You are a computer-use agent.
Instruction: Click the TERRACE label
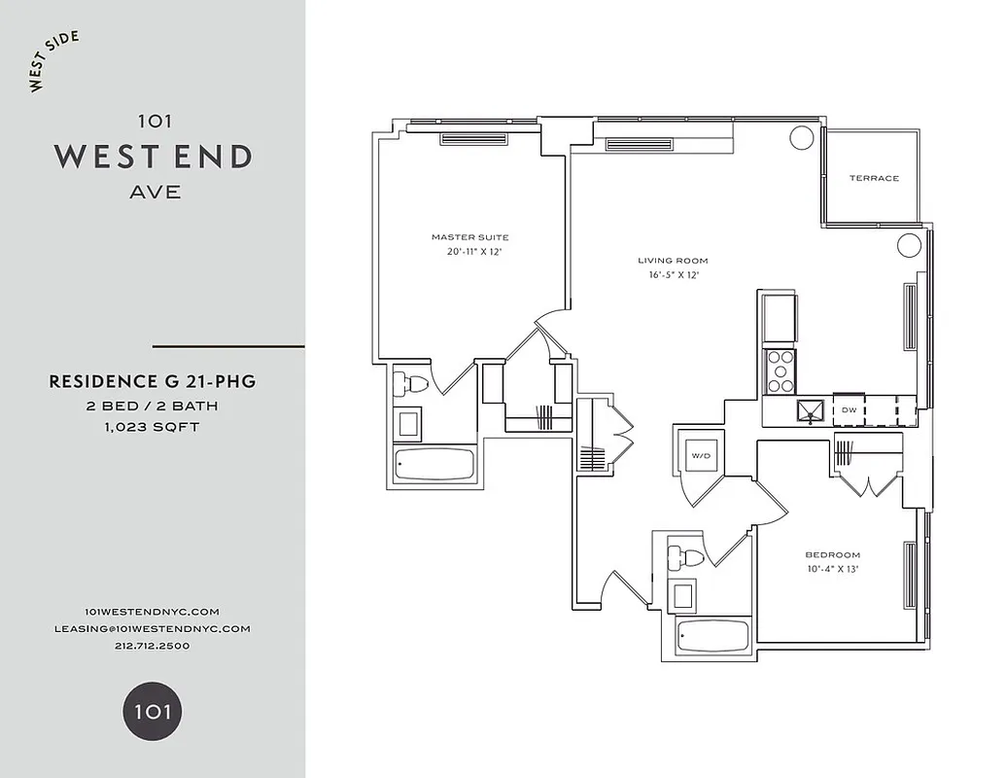pyautogui.click(x=874, y=178)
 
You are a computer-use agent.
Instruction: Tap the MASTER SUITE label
pyautogui.click(x=469, y=237)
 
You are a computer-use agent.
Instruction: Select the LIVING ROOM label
pyautogui.click(x=673, y=261)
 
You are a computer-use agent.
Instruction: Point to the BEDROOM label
pyautogui.click(x=832, y=555)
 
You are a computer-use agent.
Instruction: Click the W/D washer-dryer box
pyautogui.click(x=700, y=455)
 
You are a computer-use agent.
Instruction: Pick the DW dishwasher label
pyautogui.click(x=849, y=410)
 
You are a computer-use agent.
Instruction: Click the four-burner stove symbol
pyautogui.click(x=781, y=370)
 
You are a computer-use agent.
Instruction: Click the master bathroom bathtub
pyautogui.click(x=434, y=463)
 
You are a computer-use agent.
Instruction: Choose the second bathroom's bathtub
pyautogui.click(x=713, y=637)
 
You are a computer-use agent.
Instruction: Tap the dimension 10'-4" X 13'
pyautogui.click(x=832, y=569)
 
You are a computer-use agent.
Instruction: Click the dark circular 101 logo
pyautogui.click(x=153, y=711)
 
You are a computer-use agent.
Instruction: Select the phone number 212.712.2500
pyautogui.click(x=153, y=645)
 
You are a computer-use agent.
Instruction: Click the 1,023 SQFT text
pyautogui.click(x=153, y=427)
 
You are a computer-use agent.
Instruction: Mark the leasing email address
pyautogui.click(x=153, y=628)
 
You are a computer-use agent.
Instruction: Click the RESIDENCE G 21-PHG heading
pyautogui.click(x=153, y=382)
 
